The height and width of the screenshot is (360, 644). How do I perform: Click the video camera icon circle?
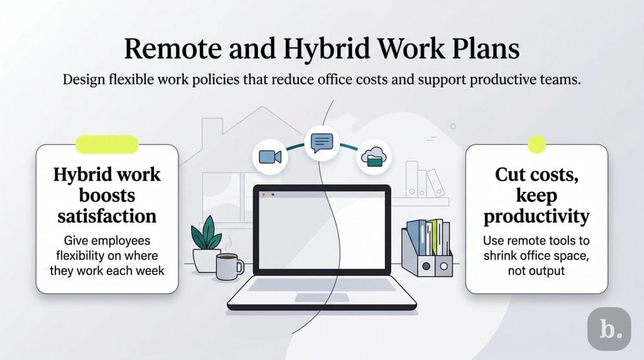270,157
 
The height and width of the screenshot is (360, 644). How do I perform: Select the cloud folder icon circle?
374,157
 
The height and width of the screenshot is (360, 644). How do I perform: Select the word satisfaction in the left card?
107,216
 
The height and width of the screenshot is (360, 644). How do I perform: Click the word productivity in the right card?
536,216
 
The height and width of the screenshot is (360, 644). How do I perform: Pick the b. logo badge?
608,329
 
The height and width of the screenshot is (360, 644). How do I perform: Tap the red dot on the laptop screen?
265,195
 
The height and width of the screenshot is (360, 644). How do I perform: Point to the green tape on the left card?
106,144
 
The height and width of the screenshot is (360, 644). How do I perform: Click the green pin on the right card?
536,144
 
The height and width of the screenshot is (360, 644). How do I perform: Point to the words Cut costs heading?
536,174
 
